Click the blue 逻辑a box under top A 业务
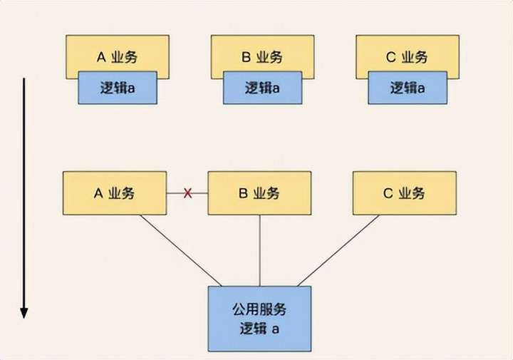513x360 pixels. (118, 88)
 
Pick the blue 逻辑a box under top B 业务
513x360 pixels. (262, 88)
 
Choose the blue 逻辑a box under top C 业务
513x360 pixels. (406, 88)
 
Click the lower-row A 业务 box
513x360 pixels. (115, 192)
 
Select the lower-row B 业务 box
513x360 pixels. (259, 192)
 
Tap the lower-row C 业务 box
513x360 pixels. (404, 192)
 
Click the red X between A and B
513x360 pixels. (188, 193)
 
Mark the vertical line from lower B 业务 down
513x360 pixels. (259, 250)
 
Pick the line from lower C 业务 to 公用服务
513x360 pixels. (338, 250)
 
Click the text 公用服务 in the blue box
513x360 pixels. (259, 309)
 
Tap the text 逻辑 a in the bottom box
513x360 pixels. (259, 329)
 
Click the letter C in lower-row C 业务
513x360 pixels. (388, 193)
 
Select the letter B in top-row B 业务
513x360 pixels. (245, 56)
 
